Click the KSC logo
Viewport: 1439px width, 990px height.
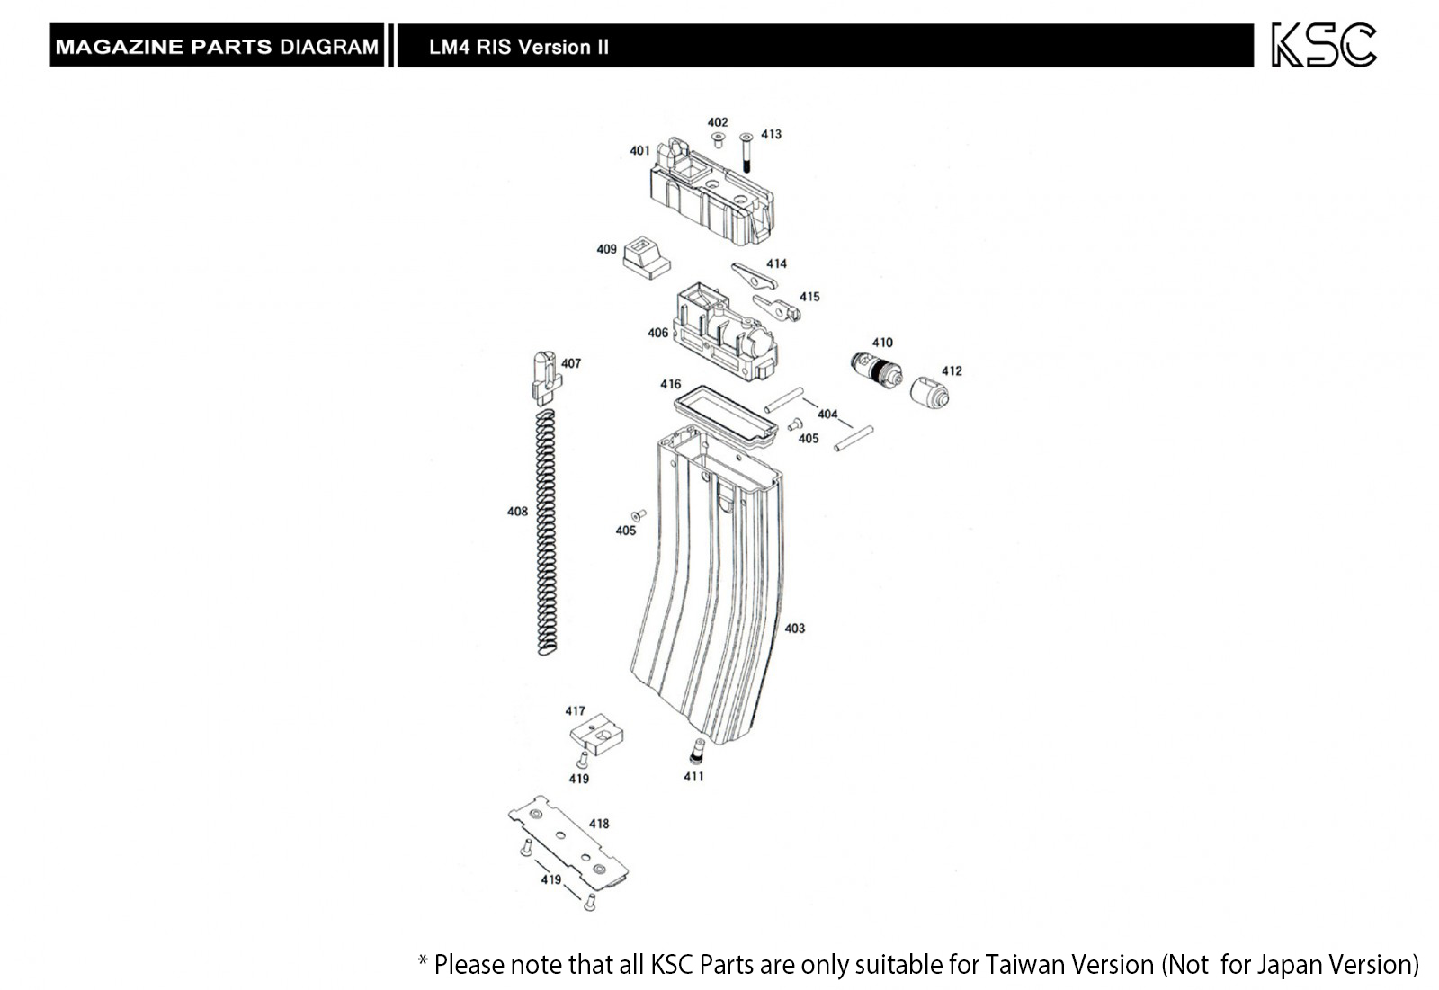(1324, 45)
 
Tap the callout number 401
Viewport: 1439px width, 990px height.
(639, 150)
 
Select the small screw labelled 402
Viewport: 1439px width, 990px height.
(719, 138)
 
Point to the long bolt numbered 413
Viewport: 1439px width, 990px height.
(746, 153)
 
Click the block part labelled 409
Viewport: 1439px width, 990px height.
(647, 257)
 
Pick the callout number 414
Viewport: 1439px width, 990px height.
(776, 263)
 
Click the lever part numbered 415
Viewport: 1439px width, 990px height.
(777, 308)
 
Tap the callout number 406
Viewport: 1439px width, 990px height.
(657, 333)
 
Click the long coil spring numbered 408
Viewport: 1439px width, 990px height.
(546, 532)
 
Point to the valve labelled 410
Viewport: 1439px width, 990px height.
(876, 370)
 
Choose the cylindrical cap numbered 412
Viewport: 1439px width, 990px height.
(930, 392)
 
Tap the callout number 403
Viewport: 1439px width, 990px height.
(795, 629)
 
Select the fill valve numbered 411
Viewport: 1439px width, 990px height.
(696, 752)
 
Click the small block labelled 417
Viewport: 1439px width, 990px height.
(597, 734)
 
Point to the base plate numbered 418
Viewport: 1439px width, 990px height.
(568, 843)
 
